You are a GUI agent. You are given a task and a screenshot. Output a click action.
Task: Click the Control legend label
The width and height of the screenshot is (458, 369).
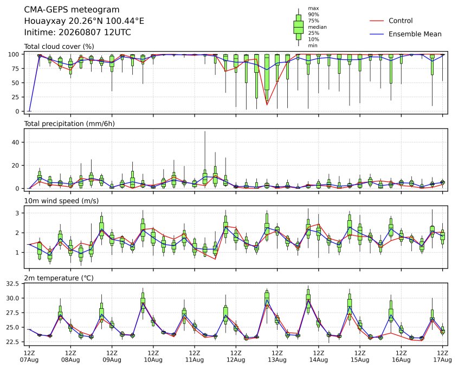[x=401, y=21]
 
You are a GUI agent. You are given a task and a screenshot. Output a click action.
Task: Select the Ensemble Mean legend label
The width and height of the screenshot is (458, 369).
[x=415, y=34]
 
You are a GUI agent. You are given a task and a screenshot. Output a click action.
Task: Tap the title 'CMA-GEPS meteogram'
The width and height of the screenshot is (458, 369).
[x=72, y=10]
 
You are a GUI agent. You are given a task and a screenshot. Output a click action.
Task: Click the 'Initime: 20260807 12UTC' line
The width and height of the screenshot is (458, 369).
[x=78, y=32]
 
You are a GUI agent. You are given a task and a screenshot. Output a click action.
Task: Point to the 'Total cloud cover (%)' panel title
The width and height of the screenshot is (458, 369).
[x=59, y=47]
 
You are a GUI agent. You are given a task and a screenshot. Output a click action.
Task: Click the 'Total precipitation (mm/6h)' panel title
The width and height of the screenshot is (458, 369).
[x=69, y=124]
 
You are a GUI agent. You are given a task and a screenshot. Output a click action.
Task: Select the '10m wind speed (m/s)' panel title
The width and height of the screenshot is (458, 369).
[x=61, y=201]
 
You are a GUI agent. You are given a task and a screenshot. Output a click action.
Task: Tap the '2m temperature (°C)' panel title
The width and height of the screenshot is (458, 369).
[x=59, y=278]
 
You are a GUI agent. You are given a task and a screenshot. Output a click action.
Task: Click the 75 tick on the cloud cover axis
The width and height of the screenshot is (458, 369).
[x=16, y=69]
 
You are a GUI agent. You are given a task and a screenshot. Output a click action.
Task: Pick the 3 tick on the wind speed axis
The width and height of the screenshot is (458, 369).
[x=17, y=213]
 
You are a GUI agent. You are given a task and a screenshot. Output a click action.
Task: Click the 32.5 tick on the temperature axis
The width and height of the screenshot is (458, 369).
[x=13, y=284]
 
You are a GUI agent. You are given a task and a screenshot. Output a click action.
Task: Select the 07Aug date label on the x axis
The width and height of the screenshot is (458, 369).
[x=29, y=360]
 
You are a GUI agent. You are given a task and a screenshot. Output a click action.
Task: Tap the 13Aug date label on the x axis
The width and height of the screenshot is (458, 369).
[x=277, y=360]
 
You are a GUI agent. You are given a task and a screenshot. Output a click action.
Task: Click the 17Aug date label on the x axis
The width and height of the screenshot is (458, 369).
[x=442, y=360]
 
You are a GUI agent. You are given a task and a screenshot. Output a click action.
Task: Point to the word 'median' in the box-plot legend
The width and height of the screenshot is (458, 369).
[x=317, y=27]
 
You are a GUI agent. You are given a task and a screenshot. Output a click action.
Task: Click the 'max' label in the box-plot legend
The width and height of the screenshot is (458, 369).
[x=313, y=9]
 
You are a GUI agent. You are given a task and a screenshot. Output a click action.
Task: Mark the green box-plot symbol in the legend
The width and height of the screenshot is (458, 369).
[x=298, y=27]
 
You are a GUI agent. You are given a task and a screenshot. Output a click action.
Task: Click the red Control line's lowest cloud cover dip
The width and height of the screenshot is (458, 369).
[x=267, y=105]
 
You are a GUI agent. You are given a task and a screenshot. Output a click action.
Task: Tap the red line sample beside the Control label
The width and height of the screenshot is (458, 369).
[x=377, y=21]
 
